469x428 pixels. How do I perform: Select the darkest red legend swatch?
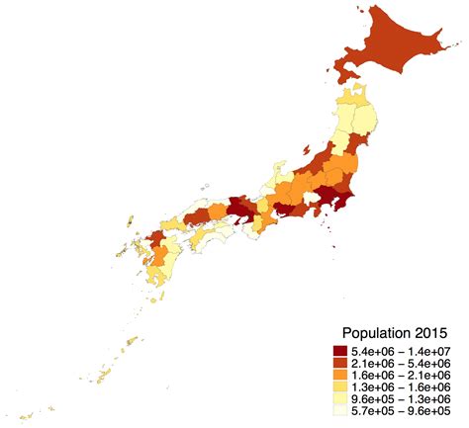[339, 351]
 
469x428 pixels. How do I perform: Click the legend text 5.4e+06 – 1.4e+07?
[401, 351]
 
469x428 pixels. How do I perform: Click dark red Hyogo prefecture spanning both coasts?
[237, 210]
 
